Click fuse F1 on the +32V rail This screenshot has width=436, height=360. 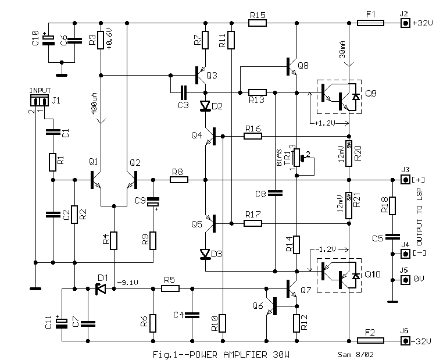click(370, 24)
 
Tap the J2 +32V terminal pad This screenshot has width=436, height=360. click(405, 24)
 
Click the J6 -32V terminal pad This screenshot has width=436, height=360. click(405, 340)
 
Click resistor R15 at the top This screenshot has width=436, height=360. click(257, 24)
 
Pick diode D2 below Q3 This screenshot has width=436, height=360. click(205, 106)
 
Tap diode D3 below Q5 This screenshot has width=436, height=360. click(205, 254)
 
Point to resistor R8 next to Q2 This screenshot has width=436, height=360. click(179, 180)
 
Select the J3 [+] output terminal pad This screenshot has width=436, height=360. click(405, 180)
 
